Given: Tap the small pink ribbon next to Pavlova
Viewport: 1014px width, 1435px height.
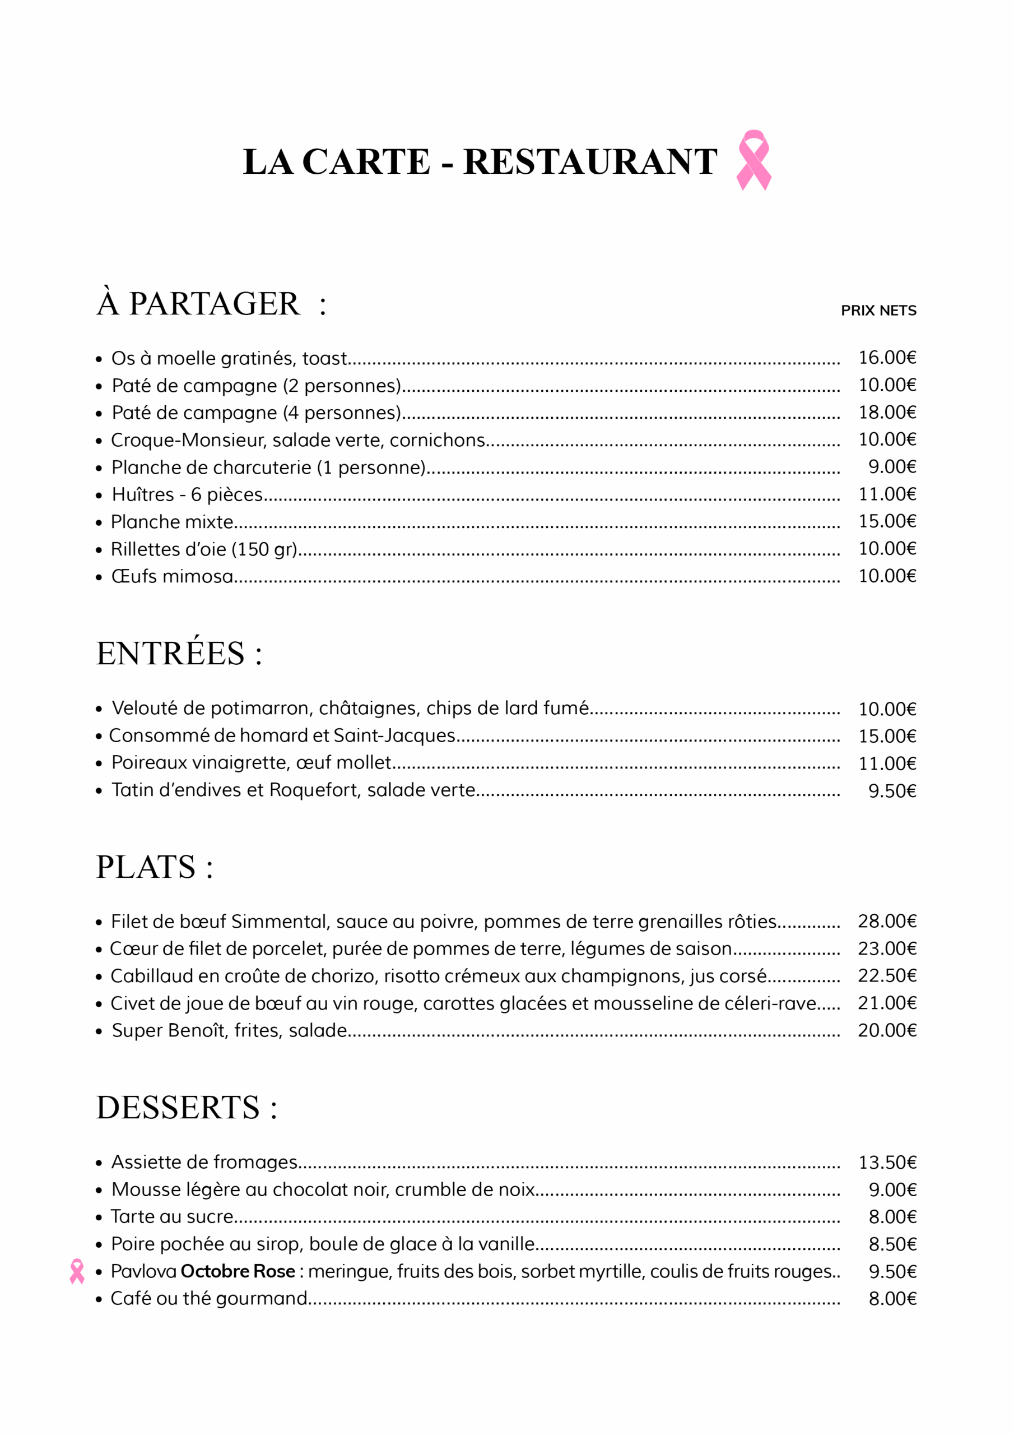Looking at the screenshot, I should (77, 1271).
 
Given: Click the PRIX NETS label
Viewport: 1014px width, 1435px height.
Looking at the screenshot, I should (878, 311).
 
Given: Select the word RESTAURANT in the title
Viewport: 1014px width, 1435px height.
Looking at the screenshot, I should (590, 162).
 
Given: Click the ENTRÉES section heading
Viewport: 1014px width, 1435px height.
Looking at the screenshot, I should (179, 653).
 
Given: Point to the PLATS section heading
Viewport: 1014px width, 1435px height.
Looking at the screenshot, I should (154, 867).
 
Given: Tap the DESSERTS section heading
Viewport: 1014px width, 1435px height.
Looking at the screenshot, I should (186, 1108).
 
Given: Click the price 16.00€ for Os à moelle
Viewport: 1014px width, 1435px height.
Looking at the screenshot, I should (886, 358).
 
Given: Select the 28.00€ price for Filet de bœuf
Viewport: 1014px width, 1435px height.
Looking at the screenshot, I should (886, 921).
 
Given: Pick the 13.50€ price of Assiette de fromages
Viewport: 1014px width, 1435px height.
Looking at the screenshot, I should (886, 1163).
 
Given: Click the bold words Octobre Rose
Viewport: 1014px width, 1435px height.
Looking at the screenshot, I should (238, 1271).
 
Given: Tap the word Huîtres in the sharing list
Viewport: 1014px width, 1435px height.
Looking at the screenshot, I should (143, 494).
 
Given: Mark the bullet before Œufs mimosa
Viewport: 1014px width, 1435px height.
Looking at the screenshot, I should (99, 577).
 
